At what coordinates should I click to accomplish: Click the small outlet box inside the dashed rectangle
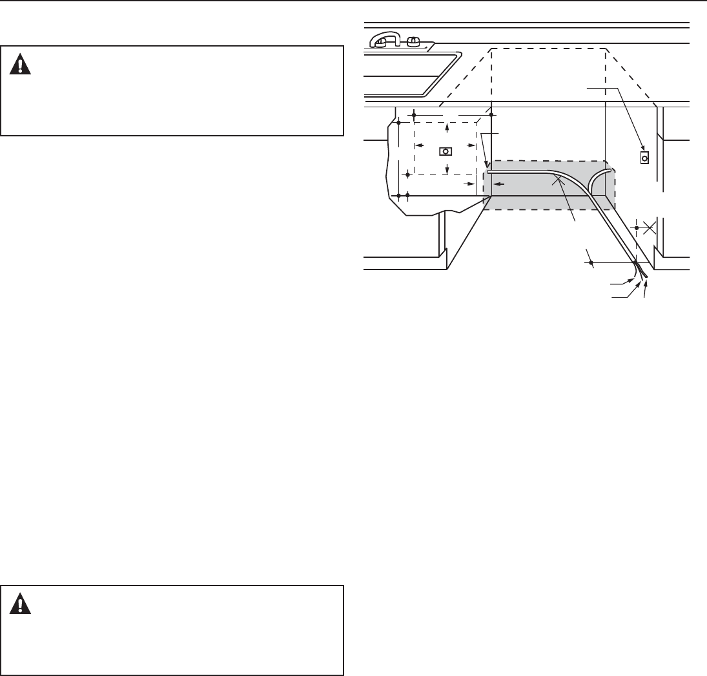coord(446,151)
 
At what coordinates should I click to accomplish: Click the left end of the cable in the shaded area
coord(489,173)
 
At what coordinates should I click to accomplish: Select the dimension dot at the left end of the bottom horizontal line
coord(591,262)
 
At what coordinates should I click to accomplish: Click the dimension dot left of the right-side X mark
coord(637,227)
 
